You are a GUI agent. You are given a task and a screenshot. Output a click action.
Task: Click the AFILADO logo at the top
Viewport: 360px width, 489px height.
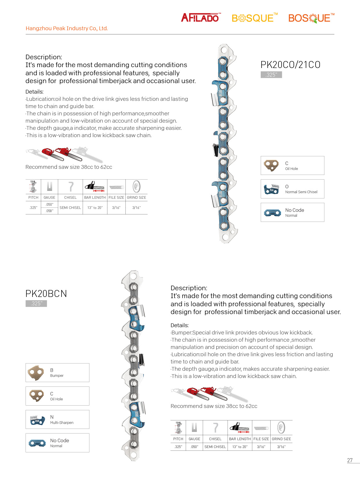coord(200,18)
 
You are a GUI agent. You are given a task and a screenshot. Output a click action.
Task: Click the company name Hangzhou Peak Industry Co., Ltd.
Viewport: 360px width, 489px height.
coord(66,28)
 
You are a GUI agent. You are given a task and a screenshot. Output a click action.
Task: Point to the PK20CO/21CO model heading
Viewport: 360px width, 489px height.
coord(290,65)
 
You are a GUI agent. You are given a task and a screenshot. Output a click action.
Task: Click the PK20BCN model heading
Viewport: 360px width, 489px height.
coord(46,293)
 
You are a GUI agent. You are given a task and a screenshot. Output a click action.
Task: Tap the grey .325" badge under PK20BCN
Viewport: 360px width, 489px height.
coord(36,303)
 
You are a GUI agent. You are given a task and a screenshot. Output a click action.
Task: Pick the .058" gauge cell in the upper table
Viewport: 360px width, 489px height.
coord(49,211)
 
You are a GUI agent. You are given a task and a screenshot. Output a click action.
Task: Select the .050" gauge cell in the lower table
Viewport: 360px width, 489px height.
coord(194,447)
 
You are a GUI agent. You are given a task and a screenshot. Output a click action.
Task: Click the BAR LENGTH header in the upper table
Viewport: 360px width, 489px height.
coord(95,198)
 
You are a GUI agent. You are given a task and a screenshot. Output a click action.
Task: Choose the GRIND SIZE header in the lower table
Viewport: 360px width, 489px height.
coord(281,439)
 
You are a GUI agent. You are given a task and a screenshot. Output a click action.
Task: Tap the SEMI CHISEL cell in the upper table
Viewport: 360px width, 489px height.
coord(70,208)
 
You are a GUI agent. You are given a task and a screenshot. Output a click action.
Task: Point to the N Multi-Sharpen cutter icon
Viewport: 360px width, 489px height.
coord(37,420)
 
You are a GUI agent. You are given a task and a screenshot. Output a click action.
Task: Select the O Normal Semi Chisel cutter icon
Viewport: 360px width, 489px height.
coord(271,189)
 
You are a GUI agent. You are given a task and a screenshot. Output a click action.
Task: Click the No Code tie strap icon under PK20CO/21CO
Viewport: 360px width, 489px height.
coord(272,213)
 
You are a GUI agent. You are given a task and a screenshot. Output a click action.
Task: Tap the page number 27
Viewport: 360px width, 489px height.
coord(350,460)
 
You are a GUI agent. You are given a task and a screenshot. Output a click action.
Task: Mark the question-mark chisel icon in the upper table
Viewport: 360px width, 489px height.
coord(71,187)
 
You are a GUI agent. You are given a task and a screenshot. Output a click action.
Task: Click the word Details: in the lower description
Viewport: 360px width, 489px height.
coord(179,325)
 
